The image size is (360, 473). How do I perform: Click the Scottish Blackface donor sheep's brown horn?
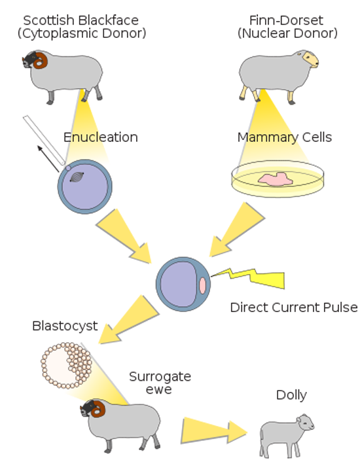40,60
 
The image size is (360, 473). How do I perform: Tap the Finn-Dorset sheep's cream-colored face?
310,60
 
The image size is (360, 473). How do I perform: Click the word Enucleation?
101,137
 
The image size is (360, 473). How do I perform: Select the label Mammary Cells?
285,137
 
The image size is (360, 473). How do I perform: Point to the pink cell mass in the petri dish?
275,179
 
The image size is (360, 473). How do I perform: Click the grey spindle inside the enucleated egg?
77,177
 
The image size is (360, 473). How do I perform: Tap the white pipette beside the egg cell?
44,140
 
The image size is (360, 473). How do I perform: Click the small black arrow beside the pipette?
48,159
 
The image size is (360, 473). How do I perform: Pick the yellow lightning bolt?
248,278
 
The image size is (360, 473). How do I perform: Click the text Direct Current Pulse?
294,307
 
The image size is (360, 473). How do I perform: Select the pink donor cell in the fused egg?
202,285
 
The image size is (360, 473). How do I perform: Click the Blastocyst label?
65,326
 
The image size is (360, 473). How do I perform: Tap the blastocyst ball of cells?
66,365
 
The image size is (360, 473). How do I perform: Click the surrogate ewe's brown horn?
98,408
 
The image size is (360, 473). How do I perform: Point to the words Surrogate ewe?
160,383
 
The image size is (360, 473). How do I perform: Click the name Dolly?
291,395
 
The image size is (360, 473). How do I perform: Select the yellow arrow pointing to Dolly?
214,430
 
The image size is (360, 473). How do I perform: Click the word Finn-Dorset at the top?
286,20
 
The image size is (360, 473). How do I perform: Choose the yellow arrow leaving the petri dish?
236,230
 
